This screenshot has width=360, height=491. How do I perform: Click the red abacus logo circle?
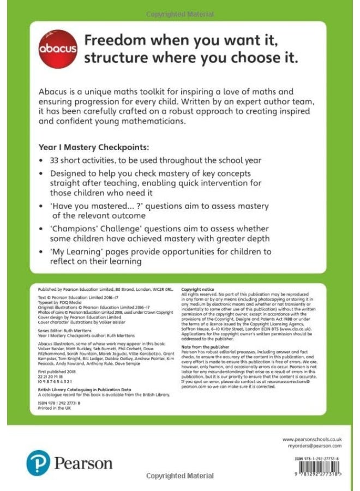[x=58, y=49]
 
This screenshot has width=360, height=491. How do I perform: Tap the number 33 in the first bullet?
[x=56, y=160]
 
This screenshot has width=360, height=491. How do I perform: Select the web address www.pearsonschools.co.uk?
[x=312, y=439]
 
